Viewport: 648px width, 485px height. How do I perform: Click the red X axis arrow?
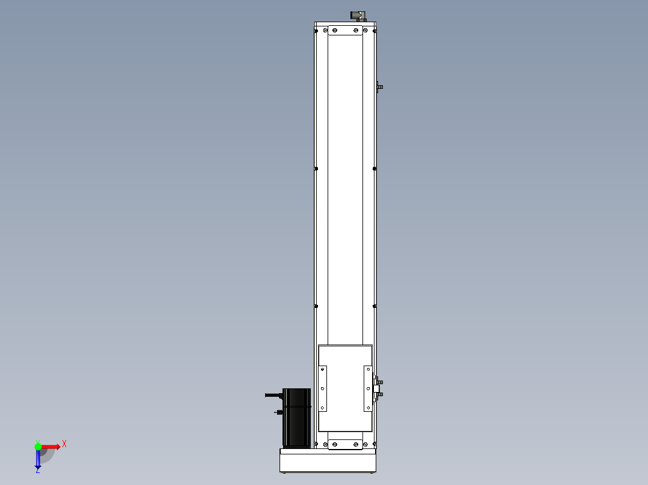pos(50,447)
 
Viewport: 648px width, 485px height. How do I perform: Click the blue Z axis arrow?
pos(38,459)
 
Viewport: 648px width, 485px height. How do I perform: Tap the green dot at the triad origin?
pos(38,446)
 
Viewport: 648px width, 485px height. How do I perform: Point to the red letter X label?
pos(64,444)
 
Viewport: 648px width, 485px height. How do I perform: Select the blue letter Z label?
pos(37,471)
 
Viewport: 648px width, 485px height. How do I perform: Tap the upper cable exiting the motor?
pos(273,395)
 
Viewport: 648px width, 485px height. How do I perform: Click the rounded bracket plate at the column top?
pos(345,31)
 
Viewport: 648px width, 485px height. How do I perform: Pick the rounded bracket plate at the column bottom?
pos(345,444)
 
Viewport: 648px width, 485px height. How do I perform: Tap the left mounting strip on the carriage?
pos(322,388)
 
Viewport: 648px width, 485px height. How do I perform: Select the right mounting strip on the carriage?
pos(368,388)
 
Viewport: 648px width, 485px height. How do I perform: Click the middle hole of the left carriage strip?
pos(322,389)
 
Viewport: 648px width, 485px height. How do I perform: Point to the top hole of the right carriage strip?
pos(368,370)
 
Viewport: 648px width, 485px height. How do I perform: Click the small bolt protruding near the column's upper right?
pos(379,87)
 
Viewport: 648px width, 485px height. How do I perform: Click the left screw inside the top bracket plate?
pos(335,30)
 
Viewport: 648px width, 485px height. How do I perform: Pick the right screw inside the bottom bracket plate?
pos(356,444)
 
